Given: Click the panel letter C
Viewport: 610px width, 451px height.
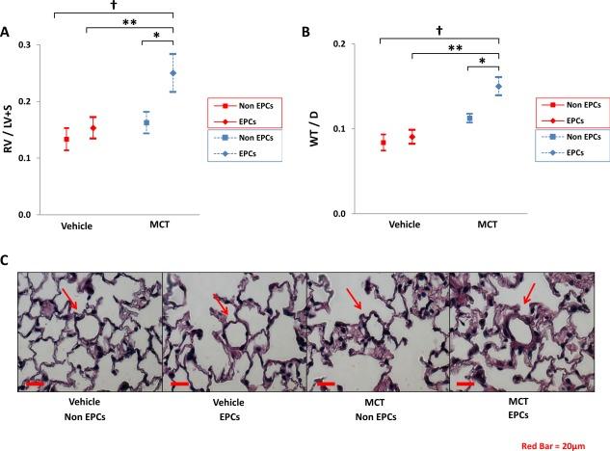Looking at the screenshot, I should (x=6, y=259).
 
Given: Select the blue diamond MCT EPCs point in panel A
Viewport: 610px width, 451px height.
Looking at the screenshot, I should (x=172, y=73).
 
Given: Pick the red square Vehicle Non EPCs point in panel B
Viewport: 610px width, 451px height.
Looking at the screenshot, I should (x=383, y=143).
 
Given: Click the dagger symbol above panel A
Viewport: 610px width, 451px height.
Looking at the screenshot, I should (x=114, y=6).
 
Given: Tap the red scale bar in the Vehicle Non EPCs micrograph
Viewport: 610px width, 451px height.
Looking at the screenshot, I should (x=35, y=384).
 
